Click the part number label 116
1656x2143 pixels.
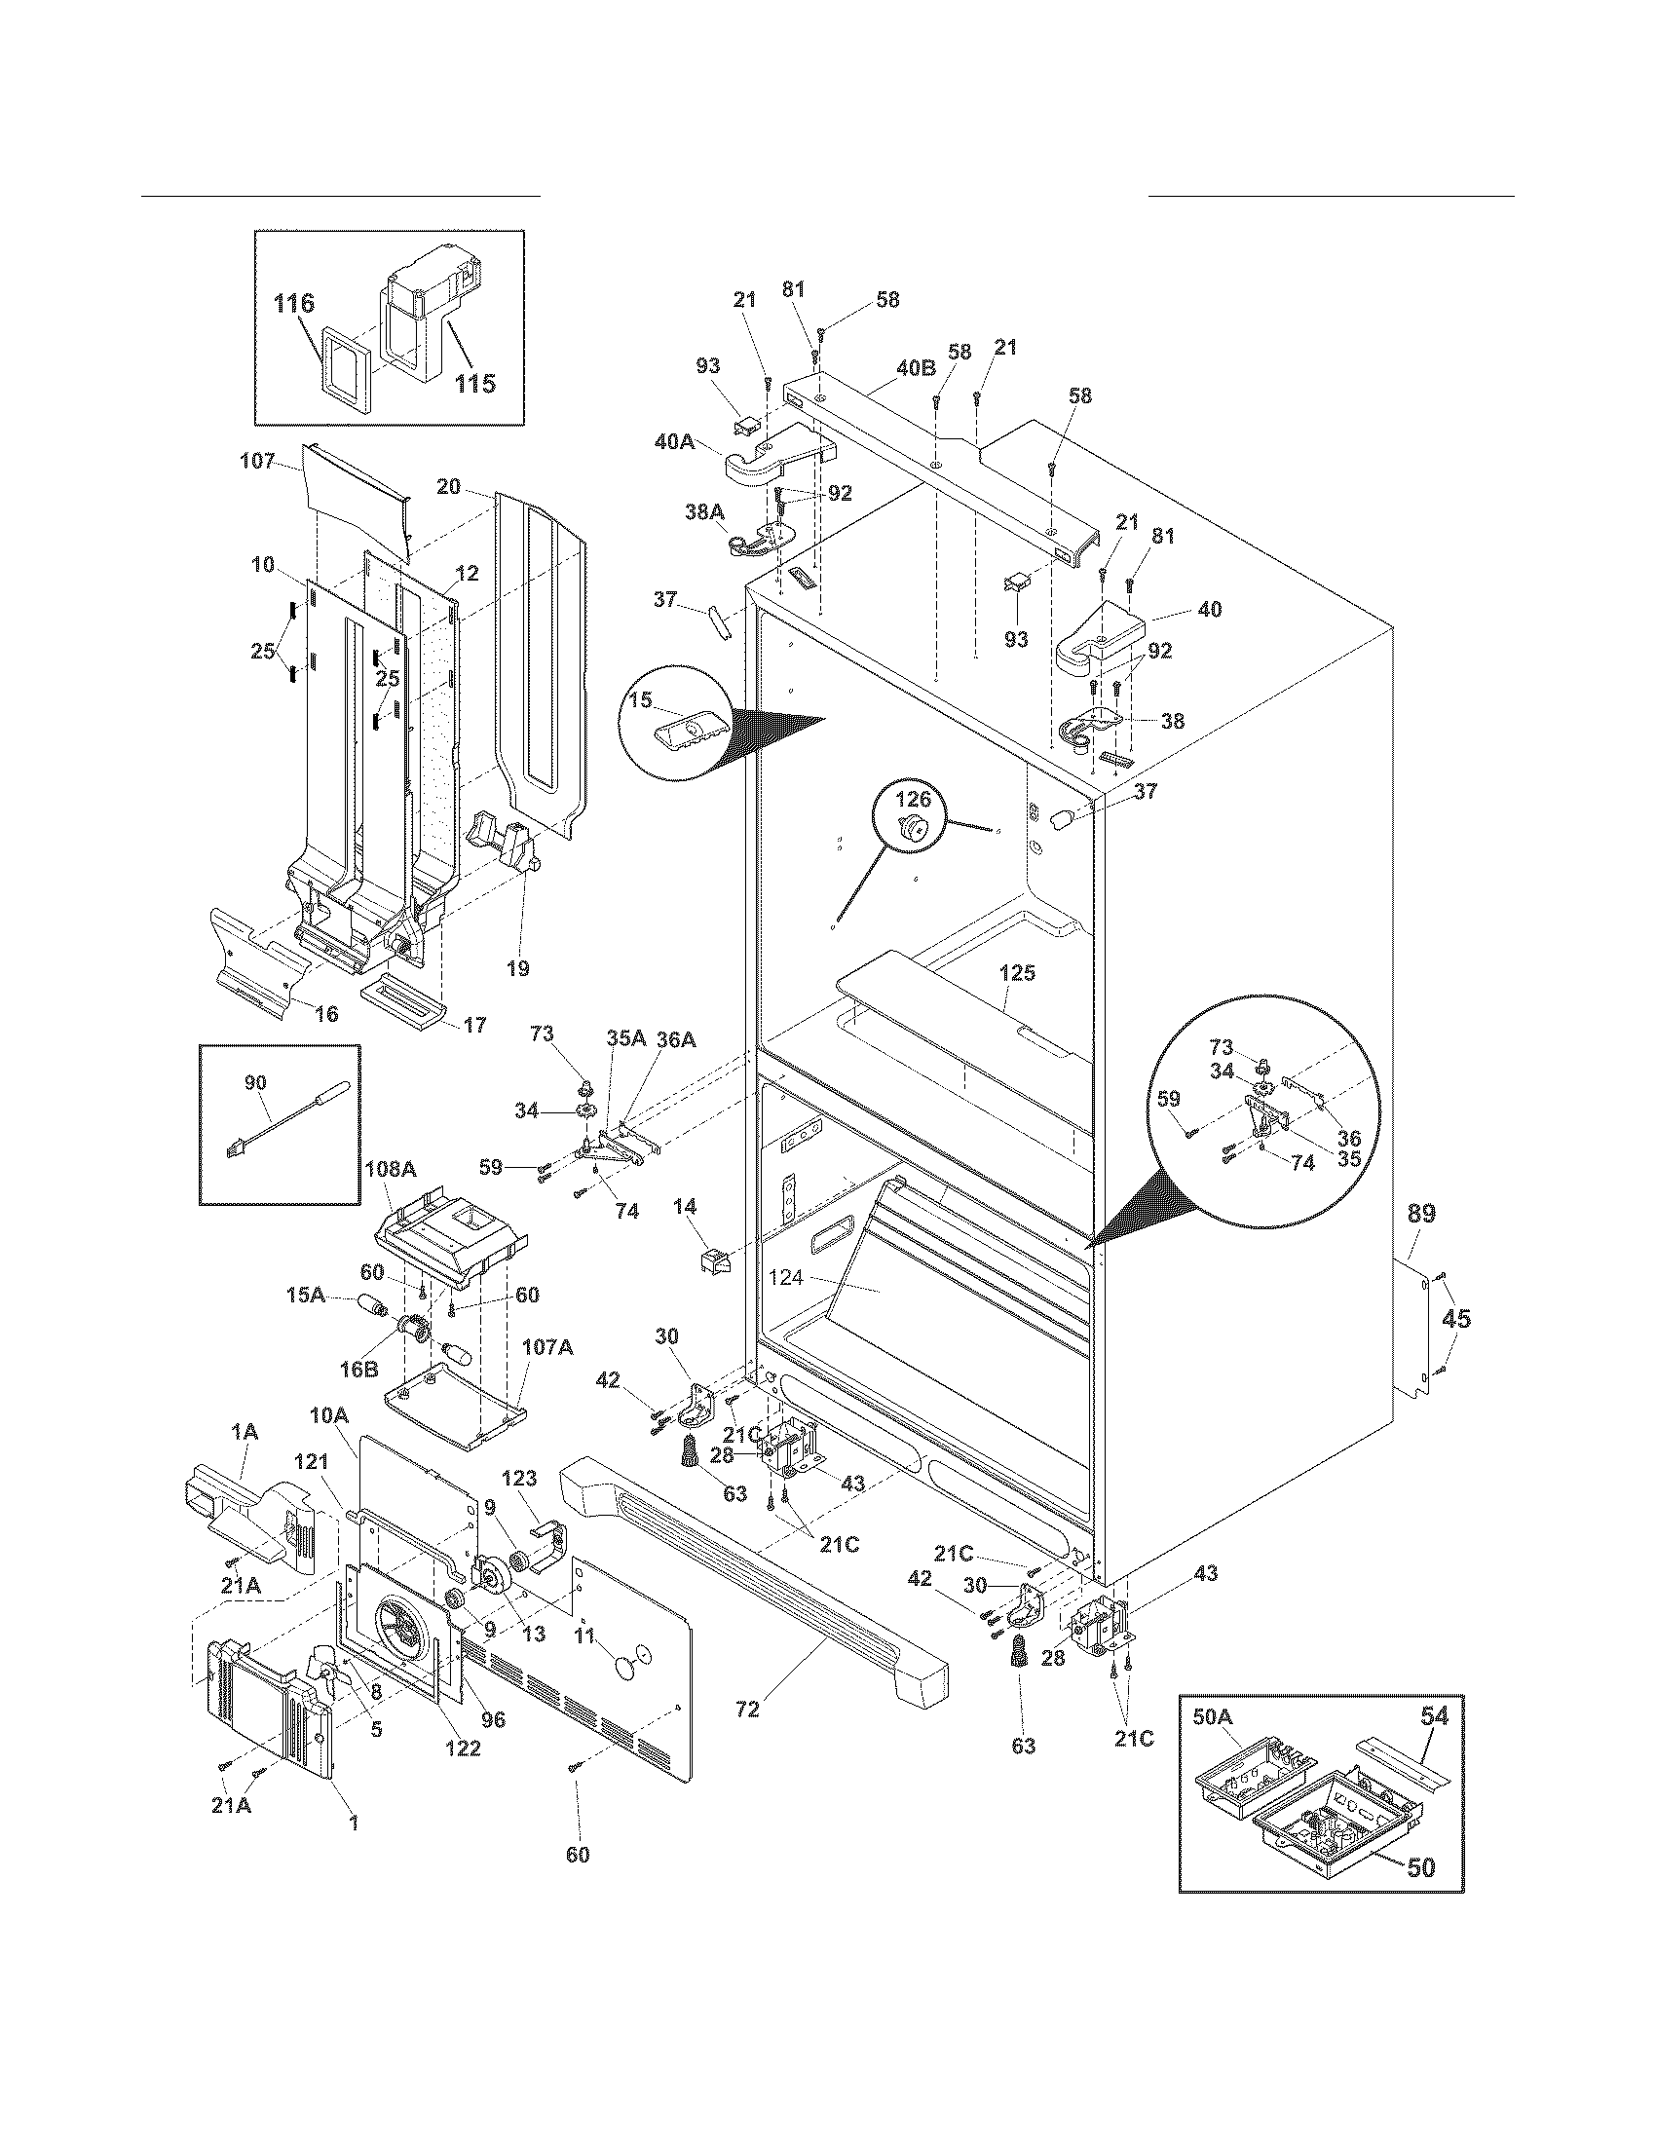[293, 304]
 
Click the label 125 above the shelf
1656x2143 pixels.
[1017, 973]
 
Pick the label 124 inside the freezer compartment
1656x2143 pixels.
[786, 1279]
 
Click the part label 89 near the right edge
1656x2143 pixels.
[1420, 1214]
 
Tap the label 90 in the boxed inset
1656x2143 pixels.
[255, 1082]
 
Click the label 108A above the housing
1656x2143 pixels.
[391, 1169]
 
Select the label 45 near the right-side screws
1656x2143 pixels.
[1456, 1319]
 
